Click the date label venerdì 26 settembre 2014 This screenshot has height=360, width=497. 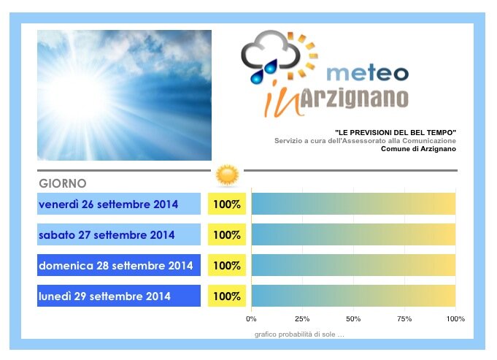119,204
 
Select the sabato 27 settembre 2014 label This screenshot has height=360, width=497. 119,234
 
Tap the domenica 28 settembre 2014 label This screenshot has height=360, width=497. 119,265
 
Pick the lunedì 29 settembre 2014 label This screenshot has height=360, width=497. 119,296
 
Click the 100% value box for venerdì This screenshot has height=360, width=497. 227,204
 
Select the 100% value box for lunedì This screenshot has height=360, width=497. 227,296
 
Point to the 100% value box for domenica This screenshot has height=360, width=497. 227,265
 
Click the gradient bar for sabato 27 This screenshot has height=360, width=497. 353,234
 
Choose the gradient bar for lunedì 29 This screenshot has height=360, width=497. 353,296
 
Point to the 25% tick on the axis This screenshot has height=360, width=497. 302,319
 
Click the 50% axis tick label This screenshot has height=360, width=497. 353,319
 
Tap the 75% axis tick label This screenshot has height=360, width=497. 404,319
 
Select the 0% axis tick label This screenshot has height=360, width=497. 251,319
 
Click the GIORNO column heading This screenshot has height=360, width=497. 63,183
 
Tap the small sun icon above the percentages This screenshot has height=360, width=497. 227,175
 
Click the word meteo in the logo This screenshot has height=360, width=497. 367,73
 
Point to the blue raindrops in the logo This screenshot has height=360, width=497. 263,72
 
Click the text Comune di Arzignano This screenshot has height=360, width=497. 418,149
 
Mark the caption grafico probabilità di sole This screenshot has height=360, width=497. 299,334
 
